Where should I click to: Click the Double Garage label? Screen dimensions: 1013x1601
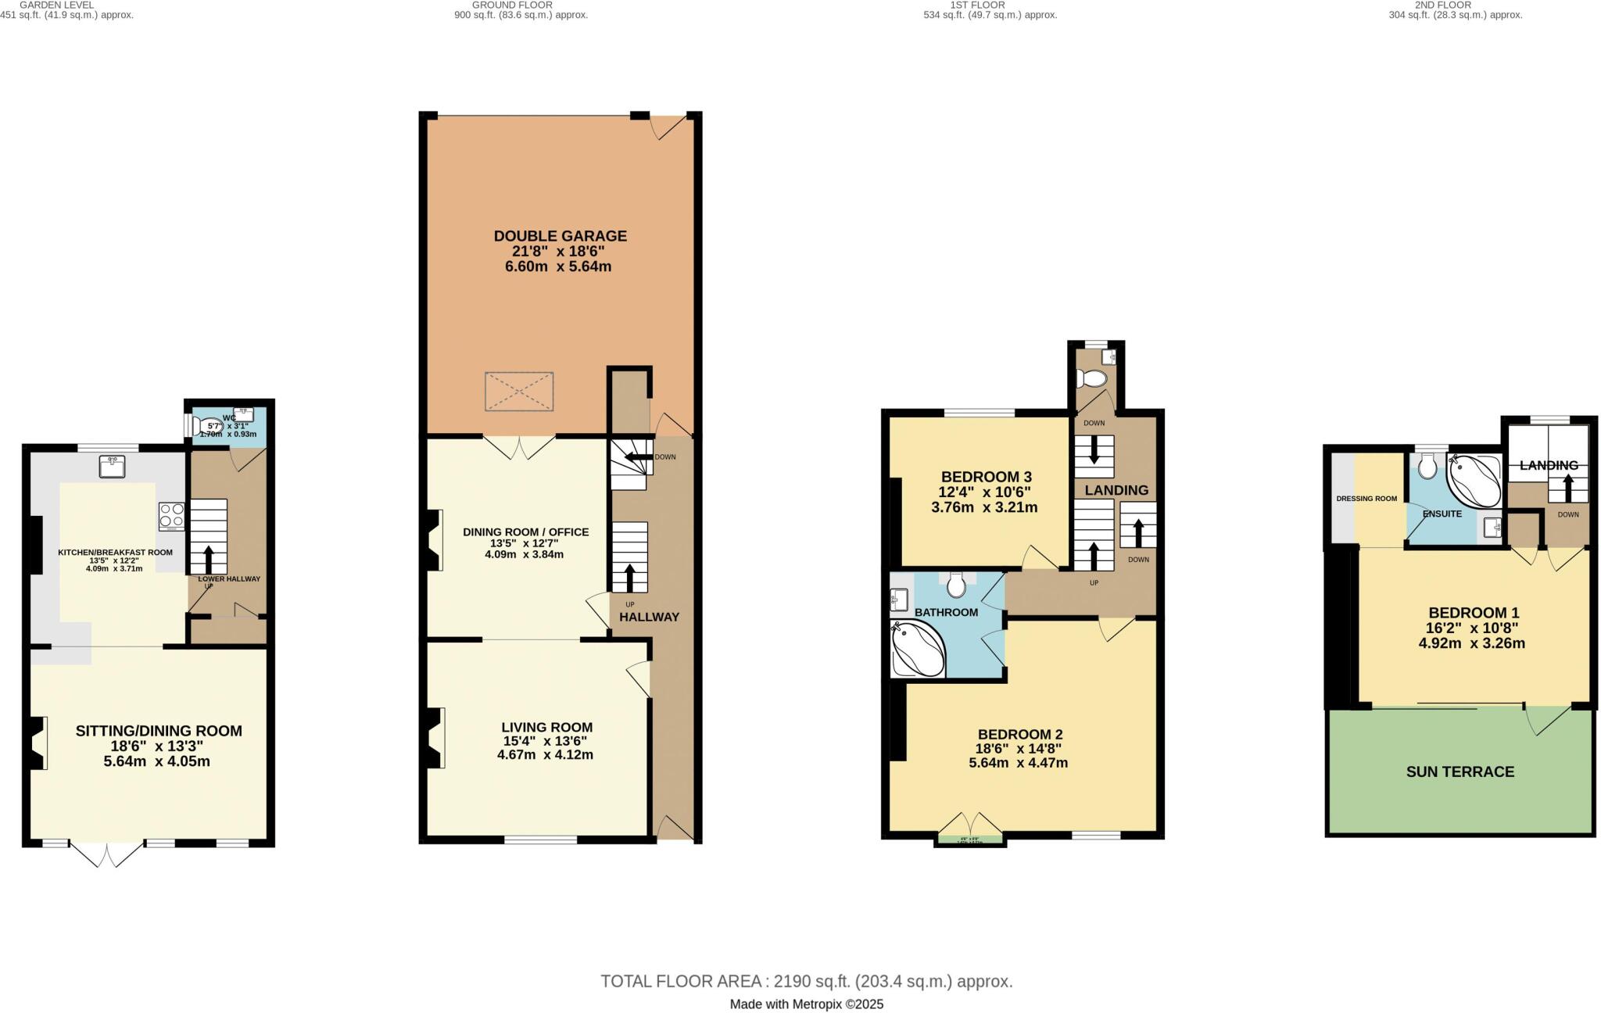point(560,236)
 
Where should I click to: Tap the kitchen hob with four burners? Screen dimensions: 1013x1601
point(172,516)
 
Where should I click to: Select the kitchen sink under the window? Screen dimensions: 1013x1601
point(113,467)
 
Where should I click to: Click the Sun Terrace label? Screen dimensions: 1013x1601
point(1460,772)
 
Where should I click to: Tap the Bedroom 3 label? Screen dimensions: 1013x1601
point(986,477)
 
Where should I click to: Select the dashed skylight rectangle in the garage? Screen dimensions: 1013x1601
point(520,392)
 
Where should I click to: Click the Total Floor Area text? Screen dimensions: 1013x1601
point(806,982)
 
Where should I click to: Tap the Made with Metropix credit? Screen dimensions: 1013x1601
point(806,1004)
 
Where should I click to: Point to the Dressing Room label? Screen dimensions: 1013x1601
point(1366,499)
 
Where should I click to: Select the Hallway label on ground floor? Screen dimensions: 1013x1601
point(649,617)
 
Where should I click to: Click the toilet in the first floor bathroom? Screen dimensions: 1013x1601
point(956,584)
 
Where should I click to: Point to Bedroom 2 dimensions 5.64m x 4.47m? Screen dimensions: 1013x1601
point(1019,764)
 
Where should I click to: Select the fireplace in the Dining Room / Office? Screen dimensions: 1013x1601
point(433,539)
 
